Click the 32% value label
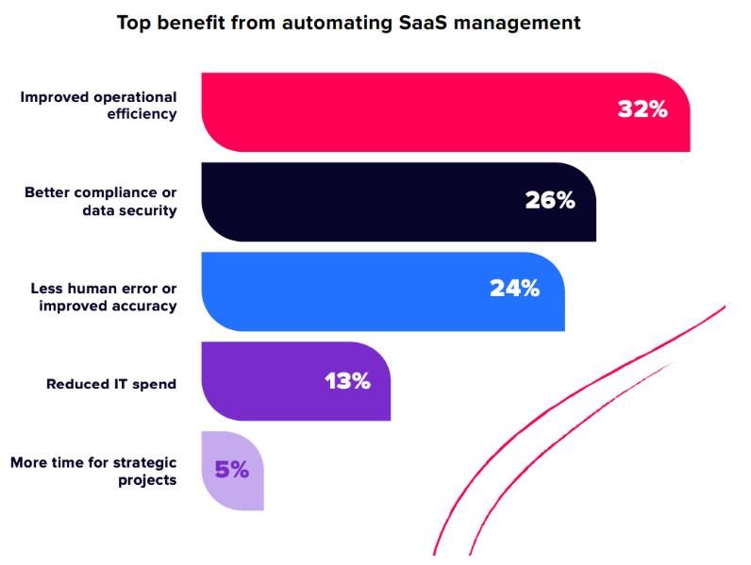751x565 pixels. (643, 109)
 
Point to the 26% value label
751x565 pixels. (550, 201)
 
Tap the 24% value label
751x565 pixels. (514, 289)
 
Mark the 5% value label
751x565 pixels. (231, 469)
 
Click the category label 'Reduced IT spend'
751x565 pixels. (111, 384)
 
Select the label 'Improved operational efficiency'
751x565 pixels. (98, 106)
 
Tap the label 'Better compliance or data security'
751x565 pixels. (101, 202)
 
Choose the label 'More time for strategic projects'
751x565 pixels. (93, 471)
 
